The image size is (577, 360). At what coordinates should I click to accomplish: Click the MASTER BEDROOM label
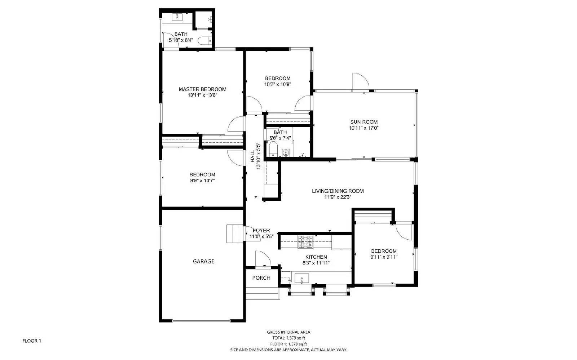point(202,89)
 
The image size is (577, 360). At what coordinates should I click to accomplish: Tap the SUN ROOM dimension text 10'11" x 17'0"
point(364,128)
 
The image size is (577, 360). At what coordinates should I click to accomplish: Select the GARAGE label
point(203,261)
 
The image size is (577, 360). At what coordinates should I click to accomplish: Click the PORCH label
point(261,278)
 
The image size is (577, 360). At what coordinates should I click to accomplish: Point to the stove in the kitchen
point(305,242)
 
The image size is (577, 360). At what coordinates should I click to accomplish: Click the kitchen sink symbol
point(302,279)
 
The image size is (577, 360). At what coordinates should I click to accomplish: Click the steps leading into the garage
point(233,233)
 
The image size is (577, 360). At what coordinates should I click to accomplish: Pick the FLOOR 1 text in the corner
point(32,341)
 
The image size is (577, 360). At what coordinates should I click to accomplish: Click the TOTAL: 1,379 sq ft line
point(288,338)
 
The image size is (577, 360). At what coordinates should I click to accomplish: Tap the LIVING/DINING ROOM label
point(338,191)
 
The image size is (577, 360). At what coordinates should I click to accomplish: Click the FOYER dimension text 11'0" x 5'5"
point(261,236)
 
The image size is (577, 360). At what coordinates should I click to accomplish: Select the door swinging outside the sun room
point(360,82)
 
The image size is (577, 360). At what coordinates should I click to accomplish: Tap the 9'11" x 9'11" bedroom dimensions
point(384,257)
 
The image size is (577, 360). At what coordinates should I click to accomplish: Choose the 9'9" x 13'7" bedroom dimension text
point(202,181)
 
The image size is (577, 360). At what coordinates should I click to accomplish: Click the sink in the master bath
point(179,17)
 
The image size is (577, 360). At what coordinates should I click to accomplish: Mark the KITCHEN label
point(316,257)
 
